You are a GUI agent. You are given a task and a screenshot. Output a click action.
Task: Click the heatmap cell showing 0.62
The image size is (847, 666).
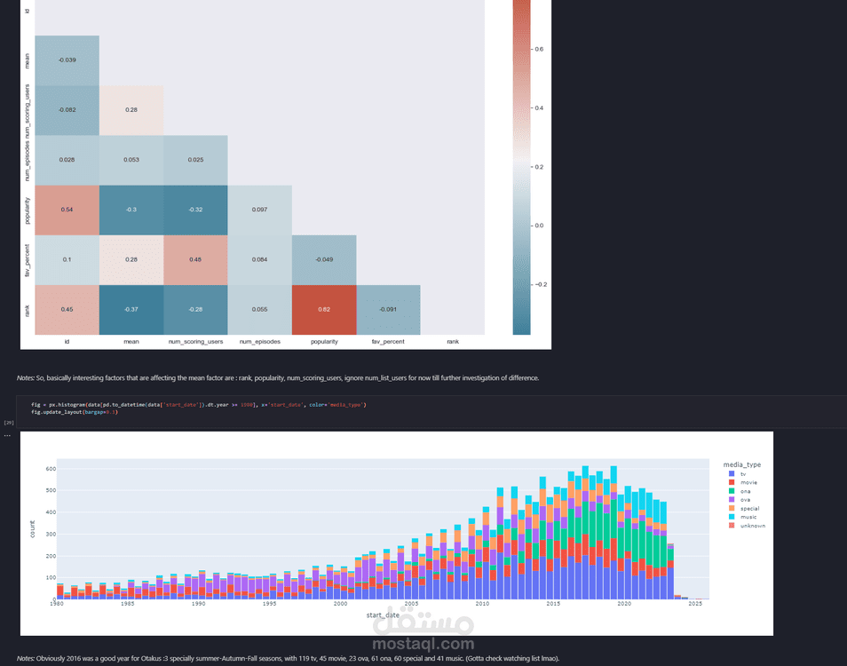tap(324, 310)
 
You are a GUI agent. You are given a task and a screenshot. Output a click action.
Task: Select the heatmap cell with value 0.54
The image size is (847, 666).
tap(67, 210)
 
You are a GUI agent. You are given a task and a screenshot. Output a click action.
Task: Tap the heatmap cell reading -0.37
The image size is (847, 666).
tap(131, 310)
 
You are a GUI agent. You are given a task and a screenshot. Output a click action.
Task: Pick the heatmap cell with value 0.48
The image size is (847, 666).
tap(195, 259)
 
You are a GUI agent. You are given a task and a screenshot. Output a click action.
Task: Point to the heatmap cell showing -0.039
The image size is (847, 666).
tap(67, 59)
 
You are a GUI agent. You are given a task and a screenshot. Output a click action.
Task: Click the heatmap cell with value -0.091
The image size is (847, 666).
tap(388, 310)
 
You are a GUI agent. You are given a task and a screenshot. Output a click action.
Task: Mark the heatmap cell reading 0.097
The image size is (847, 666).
tap(259, 210)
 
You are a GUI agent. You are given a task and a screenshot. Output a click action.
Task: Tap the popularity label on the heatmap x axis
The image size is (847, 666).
tap(324, 340)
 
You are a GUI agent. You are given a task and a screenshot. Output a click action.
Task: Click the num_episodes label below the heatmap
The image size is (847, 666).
tap(259, 340)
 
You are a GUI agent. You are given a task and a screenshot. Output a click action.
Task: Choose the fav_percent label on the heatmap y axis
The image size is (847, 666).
tap(28, 260)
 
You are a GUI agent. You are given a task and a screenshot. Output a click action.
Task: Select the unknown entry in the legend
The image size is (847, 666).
tap(752, 526)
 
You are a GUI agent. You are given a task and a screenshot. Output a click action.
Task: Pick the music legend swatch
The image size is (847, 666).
tap(730, 517)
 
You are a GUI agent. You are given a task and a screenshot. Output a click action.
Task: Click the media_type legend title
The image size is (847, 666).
tap(741, 464)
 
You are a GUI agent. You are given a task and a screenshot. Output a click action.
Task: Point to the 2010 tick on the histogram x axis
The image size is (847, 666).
tap(482, 604)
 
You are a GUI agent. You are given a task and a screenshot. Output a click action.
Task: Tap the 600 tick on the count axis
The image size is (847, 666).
tap(50, 469)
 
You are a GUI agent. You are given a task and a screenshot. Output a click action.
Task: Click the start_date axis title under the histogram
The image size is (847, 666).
tap(384, 614)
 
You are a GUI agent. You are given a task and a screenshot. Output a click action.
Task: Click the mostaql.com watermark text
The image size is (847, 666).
tap(424, 644)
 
